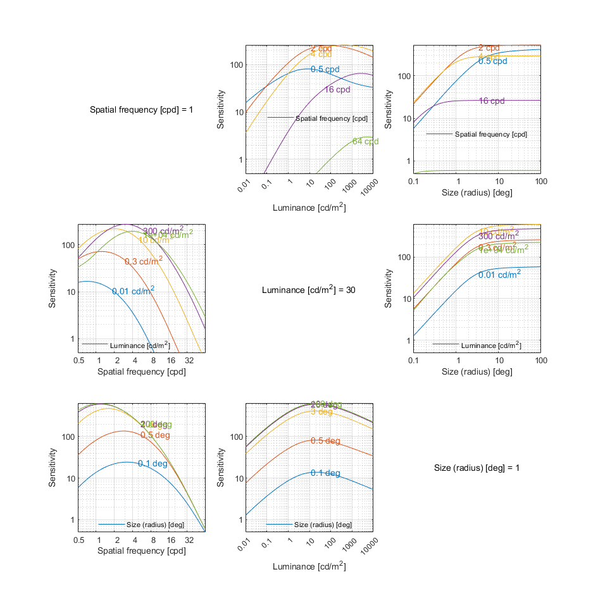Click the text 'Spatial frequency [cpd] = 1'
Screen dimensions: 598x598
[x=141, y=110]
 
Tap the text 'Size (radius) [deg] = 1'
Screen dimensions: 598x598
[x=477, y=468]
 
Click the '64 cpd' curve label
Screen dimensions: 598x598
[x=365, y=142]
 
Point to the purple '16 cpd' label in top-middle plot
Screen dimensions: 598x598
[x=337, y=89]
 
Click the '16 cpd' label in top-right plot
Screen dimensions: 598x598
[x=492, y=101]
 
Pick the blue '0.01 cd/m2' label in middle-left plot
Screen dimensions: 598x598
[x=133, y=290]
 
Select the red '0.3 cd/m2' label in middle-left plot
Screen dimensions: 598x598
[x=143, y=261]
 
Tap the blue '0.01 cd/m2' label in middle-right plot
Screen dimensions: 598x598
[x=499, y=274]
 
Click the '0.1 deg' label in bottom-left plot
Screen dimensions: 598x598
[x=153, y=463]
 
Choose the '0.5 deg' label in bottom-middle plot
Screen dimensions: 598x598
[x=325, y=441]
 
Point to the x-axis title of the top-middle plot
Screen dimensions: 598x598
[x=309, y=208]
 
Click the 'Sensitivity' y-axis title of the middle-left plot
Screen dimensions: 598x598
[x=53, y=288]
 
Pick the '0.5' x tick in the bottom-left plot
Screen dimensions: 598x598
[x=79, y=540]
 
